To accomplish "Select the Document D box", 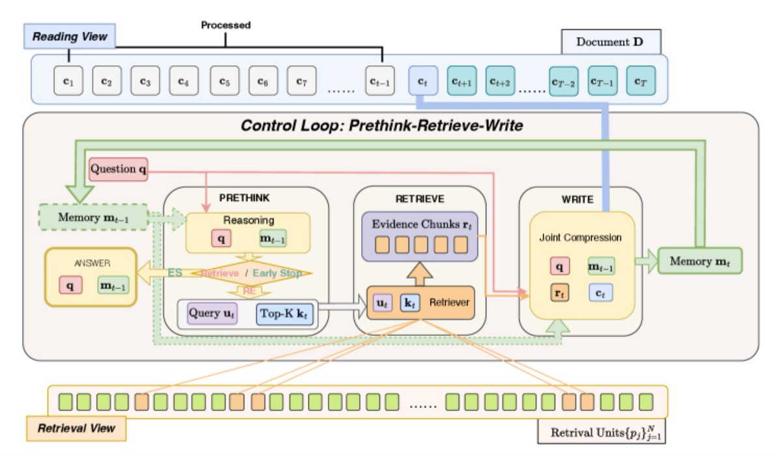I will point(611,42).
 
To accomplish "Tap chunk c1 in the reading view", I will point(68,81).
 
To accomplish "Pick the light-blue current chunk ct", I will point(422,81).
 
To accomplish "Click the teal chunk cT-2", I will point(564,81).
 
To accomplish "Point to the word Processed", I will point(225,25).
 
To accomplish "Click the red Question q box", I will point(118,170).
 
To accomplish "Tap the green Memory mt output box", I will point(699,261).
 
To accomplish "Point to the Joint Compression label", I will point(581,237).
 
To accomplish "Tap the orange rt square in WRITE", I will point(558,294).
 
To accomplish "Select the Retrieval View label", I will point(76,427).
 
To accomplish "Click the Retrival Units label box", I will point(601,432).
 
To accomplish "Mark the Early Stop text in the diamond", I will point(278,273).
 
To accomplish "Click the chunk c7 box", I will point(301,81).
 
